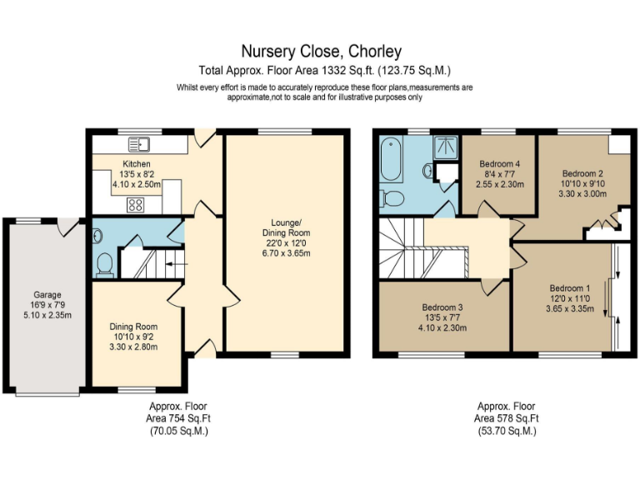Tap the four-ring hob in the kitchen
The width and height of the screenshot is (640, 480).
pyautogui.click(x=134, y=204)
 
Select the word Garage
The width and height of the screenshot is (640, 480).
pyautogui.click(x=47, y=294)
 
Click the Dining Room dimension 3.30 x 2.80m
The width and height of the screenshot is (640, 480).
pyautogui.click(x=133, y=347)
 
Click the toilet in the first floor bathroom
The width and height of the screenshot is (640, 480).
pyautogui.click(x=392, y=198)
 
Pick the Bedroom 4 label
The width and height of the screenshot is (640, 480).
pyautogui.click(x=498, y=163)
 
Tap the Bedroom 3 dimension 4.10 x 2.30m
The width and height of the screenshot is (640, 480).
pyautogui.click(x=442, y=327)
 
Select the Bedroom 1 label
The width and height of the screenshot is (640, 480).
pyautogui.click(x=571, y=287)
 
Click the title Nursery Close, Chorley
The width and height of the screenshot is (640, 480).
pyautogui.click(x=321, y=52)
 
